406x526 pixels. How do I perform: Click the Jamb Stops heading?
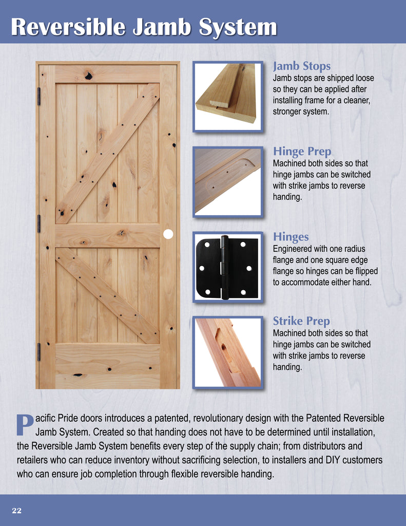tap(301, 66)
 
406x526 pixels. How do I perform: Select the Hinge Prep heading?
tap(302, 152)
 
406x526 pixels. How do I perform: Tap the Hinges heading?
tap(291, 237)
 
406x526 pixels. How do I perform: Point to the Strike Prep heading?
tap(301, 322)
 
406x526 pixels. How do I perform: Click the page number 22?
tap(17, 510)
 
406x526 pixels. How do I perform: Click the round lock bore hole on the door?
tap(168, 234)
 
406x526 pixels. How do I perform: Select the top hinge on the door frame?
tap(38, 96)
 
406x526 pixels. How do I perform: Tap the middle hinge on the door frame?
tap(38, 223)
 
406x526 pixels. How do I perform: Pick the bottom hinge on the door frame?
tap(38, 351)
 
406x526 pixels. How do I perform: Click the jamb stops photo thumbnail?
tap(227, 96)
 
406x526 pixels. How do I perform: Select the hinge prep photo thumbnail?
tap(227, 181)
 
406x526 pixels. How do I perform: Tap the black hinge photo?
tap(227, 267)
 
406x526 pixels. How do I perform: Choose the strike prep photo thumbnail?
tap(227, 352)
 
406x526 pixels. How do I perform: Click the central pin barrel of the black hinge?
tap(224, 267)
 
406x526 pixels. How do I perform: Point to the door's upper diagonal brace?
tap(107, 153)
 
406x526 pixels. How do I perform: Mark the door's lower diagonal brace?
tap(107, 295)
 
